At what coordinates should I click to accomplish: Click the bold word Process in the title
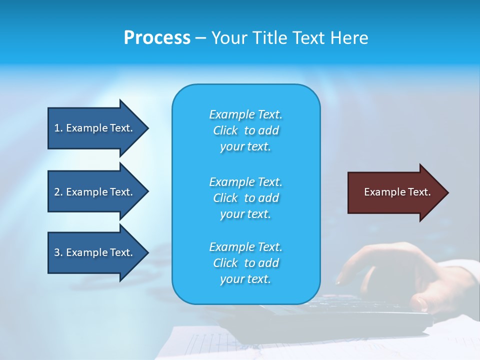(x=157, y=38)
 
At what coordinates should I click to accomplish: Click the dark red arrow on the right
(x=395, y=192)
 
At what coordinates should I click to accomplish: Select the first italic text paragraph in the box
(x=245, y=130)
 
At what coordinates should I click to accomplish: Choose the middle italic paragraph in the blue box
(x=245, y=198)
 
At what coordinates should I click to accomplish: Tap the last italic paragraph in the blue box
(x=245, y=263)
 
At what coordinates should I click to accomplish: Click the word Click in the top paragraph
(x=225, y=130)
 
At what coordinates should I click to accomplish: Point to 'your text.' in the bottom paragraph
(x=245, y=279)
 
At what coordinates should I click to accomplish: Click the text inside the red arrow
(x=397, y=192)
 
